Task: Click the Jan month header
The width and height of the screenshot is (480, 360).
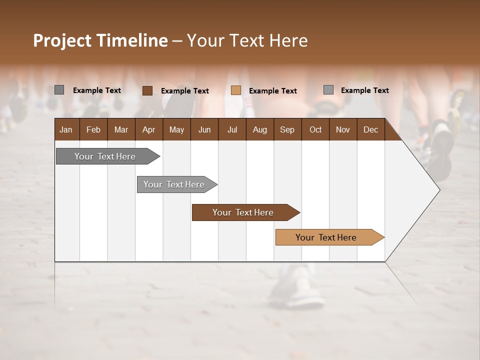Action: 66,129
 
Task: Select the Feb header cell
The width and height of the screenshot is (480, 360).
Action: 93,129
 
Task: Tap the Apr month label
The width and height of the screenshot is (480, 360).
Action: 148,129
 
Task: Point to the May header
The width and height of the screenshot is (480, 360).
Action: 176,129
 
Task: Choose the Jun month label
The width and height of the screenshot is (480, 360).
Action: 204,129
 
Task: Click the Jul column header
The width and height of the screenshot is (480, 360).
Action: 232,129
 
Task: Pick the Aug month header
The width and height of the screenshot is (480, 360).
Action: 259,129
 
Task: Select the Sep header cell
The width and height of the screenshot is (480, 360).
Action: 287,129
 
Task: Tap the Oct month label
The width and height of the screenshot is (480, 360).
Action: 315,129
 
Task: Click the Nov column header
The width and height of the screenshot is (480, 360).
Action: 343,129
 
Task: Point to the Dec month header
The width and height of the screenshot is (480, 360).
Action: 370,129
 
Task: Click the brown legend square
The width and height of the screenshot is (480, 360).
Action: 147,90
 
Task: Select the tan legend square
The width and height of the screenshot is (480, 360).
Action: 236,90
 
